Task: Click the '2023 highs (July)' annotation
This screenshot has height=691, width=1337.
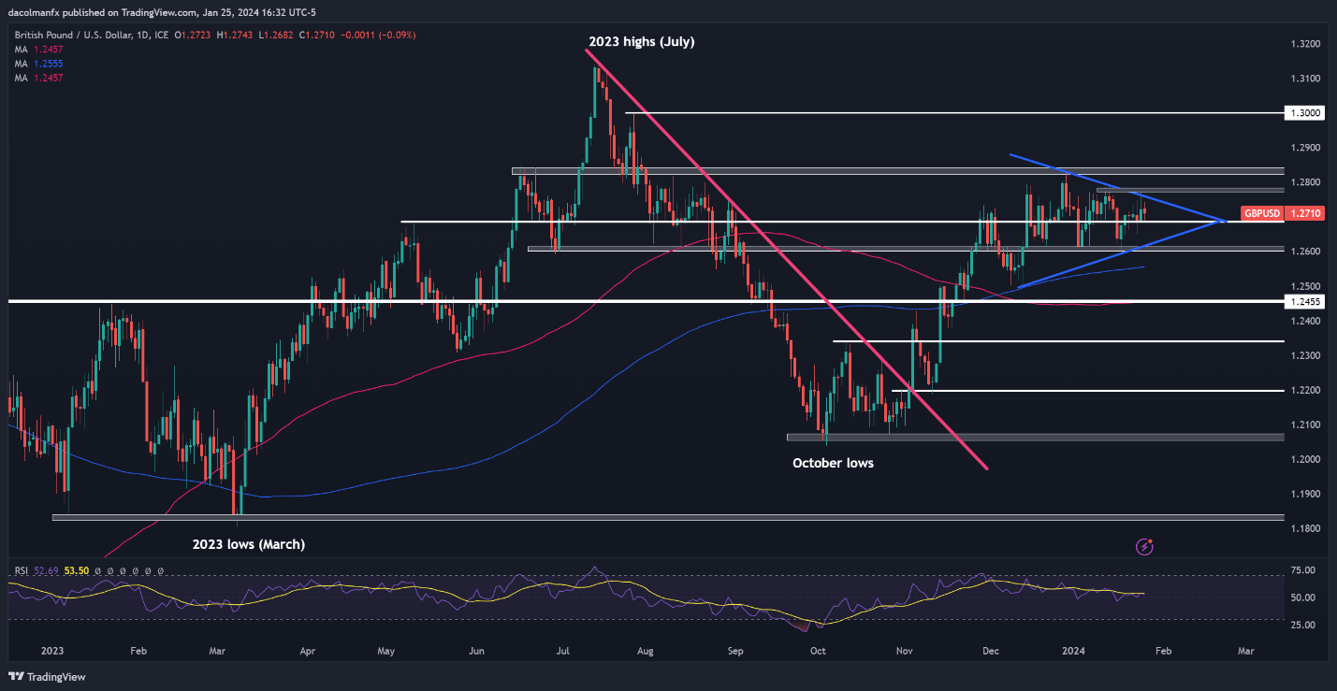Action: (x=641, y=42)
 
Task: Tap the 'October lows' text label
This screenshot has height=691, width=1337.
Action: (x=833, y=463)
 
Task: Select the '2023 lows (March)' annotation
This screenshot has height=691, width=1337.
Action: (x=249, y=543)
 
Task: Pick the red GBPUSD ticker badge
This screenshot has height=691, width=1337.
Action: (x=1261, y=213)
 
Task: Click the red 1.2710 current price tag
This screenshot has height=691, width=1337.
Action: (x=1305, y=213)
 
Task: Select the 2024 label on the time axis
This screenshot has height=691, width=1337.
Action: (x=1072, y=650)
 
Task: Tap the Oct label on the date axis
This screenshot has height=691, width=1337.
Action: (x=818, y=650)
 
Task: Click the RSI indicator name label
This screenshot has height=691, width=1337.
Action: (x=22, y=570)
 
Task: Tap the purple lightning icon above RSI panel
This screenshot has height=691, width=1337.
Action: (x=1144, y=545)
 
